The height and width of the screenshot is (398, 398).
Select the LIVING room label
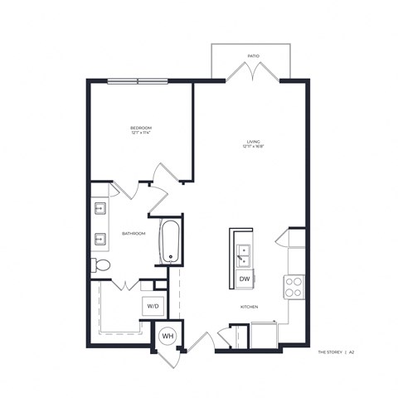pos(253,142)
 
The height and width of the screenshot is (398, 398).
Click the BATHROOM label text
pos(133,234)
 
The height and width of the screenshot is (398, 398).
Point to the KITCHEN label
pos(250,307)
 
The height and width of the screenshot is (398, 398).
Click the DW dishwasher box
pos(245,279)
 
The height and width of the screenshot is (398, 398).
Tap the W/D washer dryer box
pos(153,306)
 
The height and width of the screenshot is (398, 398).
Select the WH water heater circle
pos(167,337)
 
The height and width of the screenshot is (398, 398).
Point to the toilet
pos(100,265)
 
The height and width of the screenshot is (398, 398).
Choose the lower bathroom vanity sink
pos(99,240)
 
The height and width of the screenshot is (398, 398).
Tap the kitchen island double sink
pos(245,252)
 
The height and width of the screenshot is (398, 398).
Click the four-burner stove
pos(294,286)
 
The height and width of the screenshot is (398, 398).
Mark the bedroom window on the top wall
pos(136,80)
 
